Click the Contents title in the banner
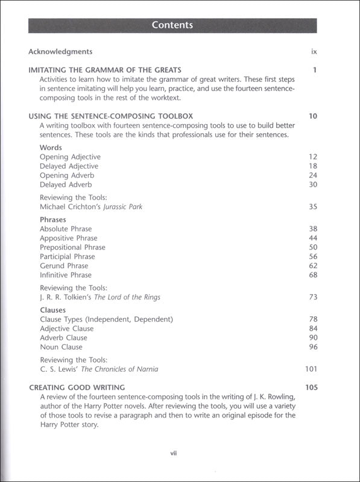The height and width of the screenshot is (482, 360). pos(172,25)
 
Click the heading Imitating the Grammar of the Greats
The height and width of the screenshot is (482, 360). pos(105,70)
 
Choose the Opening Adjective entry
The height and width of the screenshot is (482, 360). pos(70,157)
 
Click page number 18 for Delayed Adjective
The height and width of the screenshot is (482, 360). pos(312,166)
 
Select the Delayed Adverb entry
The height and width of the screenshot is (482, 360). pos(66,184)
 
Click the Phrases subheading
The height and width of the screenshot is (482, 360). pos(53,220)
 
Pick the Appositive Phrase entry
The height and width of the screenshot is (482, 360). pos(68,238)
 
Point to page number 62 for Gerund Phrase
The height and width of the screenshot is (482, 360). pos(312,265)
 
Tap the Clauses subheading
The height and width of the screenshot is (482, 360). pos(52,310)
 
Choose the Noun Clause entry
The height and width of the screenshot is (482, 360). pos(61,346)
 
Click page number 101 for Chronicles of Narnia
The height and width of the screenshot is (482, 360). pos(311,369)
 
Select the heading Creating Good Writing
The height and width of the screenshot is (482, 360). pos(77,387)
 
